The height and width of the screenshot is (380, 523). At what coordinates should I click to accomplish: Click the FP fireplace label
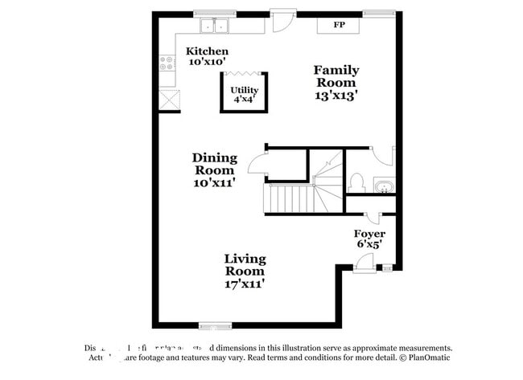(x=340, y=25)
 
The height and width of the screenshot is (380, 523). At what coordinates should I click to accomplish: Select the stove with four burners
(x=168, y=62)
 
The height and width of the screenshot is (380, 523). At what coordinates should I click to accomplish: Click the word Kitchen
(x=207, y=51)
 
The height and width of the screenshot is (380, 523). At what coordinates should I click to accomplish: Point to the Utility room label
(x=244, y=90)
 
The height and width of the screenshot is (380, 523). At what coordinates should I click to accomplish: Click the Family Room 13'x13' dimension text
(x=336, y=94)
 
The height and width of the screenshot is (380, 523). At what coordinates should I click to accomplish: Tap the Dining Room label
(x=213, y=164)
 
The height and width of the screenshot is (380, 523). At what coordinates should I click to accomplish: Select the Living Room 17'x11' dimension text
(x=245, y=283)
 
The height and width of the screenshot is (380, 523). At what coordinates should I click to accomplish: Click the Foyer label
(x=369, y=234)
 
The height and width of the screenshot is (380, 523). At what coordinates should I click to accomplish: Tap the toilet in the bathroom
(x=357, y=182)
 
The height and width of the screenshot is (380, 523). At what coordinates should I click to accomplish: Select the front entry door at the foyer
(x=364, y=261)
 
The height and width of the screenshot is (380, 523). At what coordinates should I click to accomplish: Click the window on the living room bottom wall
(x=215, y=325)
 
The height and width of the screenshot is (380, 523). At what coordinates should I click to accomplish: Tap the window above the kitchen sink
(x=215, y=13)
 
